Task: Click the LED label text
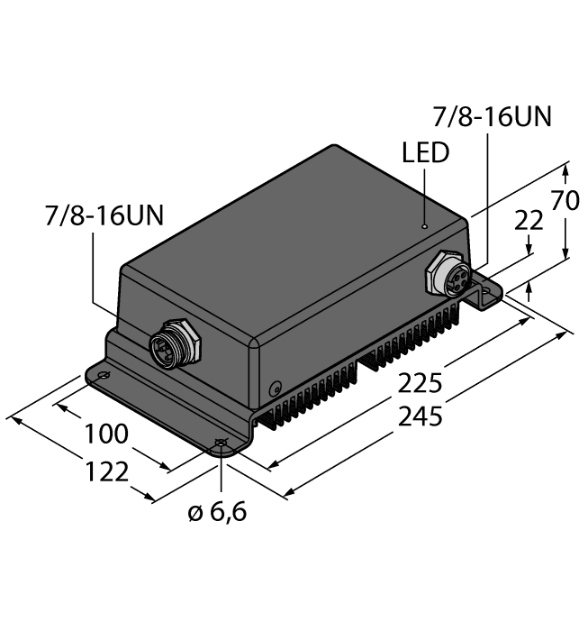[x=425, y=153]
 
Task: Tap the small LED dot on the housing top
[x=425, y=224]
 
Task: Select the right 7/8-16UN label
[x=492, y=117]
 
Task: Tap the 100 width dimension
[x=105, y=434]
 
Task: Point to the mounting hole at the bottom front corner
[x=220, y=444]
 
